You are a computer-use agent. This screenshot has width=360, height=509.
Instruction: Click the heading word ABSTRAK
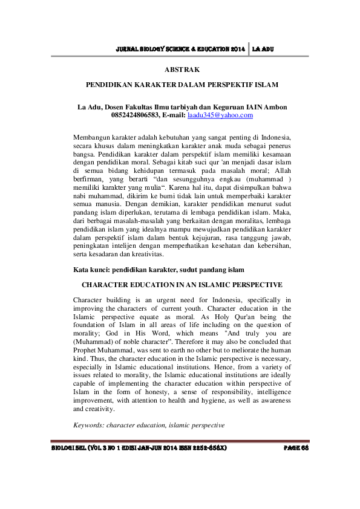click(x=182, y=70)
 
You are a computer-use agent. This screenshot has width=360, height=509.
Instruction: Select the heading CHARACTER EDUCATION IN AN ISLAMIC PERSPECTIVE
click(x=182, y=284)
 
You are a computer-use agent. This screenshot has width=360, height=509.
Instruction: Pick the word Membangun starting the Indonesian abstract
click(x=91, y=137)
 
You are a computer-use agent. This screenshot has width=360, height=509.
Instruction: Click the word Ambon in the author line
click(x=274, y=107)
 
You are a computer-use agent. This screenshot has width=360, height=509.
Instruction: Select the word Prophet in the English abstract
click(x=85, y=349)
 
